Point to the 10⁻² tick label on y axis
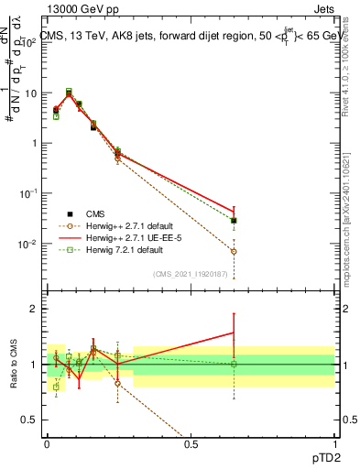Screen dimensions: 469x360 (28, 244)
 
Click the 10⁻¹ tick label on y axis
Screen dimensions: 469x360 (28, 193)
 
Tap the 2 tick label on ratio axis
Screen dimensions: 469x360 (35, 309)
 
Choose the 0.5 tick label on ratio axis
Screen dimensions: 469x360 (31, 420)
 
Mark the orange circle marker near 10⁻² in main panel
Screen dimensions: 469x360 (234, 251)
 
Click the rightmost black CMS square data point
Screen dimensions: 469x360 (234, 221)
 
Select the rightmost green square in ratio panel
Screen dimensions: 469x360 (234, 364)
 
